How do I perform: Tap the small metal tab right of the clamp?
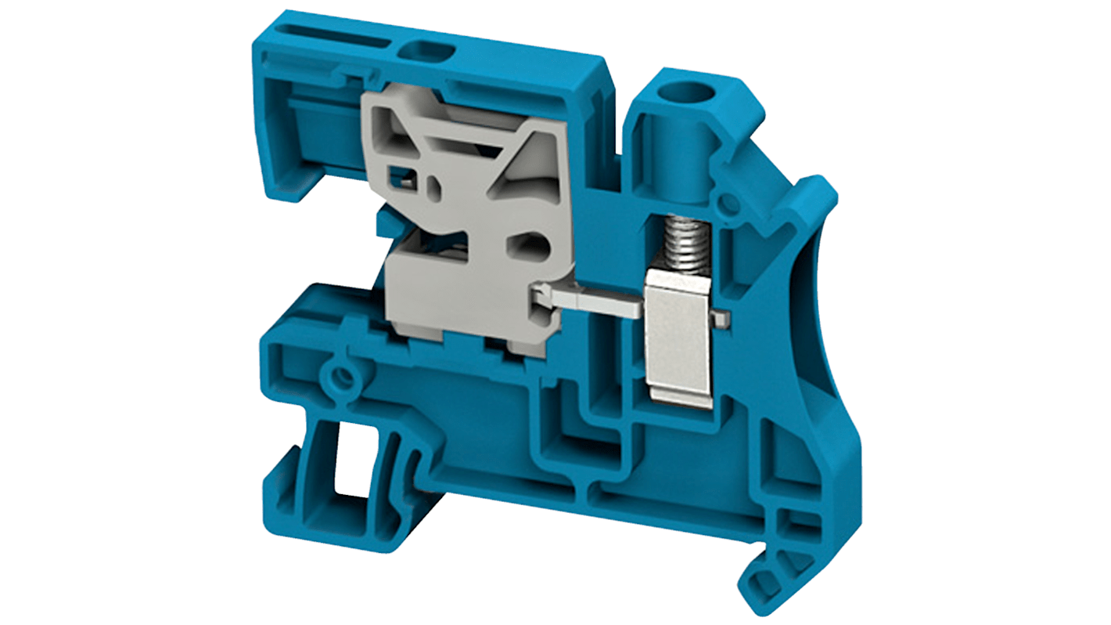(x=724, y=317)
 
